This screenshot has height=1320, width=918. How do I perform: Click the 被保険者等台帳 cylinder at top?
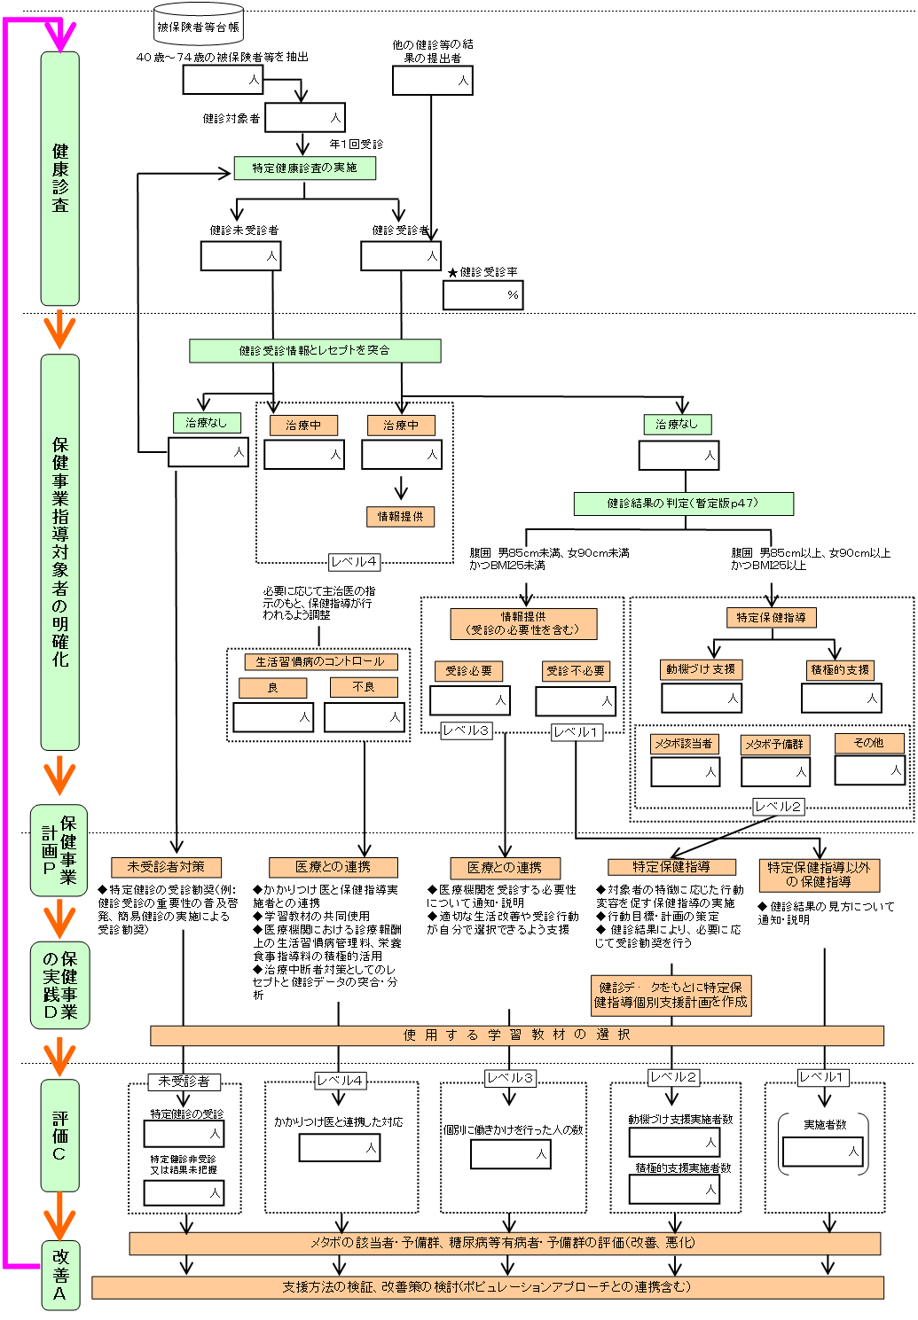coord(198,27)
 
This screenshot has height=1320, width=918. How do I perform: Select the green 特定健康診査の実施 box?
coord(304,168)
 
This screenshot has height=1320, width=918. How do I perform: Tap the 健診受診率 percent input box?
coord(483,295)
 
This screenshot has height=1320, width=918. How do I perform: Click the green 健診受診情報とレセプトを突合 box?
coord(315,350)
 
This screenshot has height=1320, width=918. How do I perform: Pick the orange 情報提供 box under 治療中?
coord(401,516)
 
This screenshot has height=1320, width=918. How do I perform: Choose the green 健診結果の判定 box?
coord(683,504)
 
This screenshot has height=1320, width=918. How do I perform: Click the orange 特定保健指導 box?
coord(771,618)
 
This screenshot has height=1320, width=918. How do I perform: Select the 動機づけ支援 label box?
coord(701,669)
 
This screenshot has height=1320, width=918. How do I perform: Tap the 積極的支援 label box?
coord(841,670)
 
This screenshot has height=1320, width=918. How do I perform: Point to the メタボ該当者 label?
coord(684,744)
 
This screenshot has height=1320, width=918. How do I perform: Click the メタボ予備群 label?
coord(775,745)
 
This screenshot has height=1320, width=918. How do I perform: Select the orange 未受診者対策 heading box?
coord(166,867)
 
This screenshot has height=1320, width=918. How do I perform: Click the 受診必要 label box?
coord(469,671)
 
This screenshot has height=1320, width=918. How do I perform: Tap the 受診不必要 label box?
coord(576,671)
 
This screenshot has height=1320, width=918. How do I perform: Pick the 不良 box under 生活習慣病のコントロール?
coord(364,687)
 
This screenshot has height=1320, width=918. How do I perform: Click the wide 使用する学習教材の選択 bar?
coord(517,1035)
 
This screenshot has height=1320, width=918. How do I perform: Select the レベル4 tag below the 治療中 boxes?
coord(354,562)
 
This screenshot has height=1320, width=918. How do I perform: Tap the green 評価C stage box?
coord(59,1135)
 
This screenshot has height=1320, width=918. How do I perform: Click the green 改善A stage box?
coord(59,1275)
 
